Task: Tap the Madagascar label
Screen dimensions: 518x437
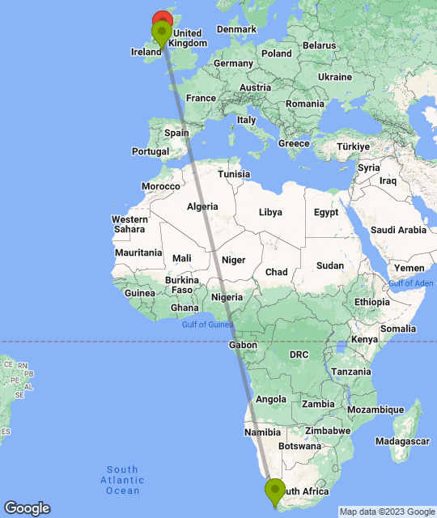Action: tap(402, 441)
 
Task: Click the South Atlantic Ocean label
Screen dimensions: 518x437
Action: tap(122, 480)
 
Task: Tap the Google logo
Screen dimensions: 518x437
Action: tap(26, 507)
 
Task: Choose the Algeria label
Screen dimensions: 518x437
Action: tap(202, 206)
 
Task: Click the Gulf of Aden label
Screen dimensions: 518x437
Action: tap(411, 283)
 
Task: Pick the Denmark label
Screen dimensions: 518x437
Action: tap(236, 29)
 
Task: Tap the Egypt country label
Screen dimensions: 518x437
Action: tap(326, 213)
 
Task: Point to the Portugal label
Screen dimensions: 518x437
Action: tap(151, 151)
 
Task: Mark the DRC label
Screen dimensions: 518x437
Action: tap(299, 355)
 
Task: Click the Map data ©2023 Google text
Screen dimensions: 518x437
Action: tap(387, 512)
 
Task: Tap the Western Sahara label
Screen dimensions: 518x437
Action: tap(129, 224)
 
